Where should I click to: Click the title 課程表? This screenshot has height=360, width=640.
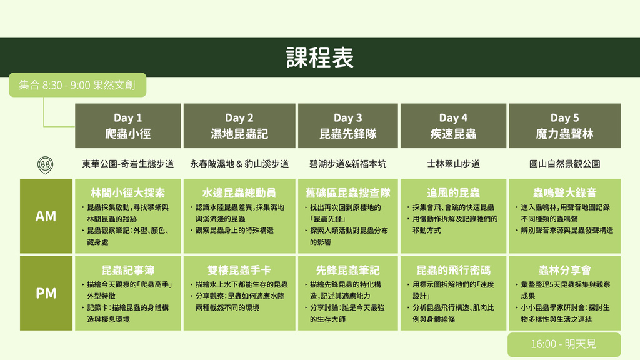click(x=319, y=57)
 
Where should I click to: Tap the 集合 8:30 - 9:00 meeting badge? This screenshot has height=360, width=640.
click(x=77, y=85)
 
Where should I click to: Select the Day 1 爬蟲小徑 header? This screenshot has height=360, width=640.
click(x=127, y=126)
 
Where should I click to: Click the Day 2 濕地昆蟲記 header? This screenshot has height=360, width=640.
click(x=239, y=126)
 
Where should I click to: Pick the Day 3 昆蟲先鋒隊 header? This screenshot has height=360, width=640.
click(x=347, y=126)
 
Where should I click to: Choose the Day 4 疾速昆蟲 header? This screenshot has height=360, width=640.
click(x=453, y=126)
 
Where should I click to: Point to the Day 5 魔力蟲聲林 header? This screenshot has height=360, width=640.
click(x=564, y=126)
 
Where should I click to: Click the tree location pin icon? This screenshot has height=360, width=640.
click(x=45, y=165)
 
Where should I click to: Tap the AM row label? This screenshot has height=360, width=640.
click(x=46, y=216)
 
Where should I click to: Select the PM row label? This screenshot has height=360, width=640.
click(x=46, y=293)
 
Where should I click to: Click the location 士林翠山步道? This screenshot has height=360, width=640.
click(x=453, y=164)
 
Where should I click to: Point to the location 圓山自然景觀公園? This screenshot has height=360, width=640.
click(x=564, y=164)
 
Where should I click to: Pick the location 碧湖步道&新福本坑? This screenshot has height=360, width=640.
click(x=347, y=164)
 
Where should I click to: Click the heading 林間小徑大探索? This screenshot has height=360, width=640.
click(x=127, y=192)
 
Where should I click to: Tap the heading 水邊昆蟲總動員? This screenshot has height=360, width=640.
click(x=239, y=192)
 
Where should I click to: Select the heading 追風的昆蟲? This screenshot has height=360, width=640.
click(x=453, y=192)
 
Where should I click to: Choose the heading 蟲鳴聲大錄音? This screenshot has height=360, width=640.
click(x=564, y=192)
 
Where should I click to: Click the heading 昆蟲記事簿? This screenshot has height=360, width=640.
click(x=127, y=270)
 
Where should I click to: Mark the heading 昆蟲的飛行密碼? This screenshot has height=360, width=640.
click(x=453, y=270)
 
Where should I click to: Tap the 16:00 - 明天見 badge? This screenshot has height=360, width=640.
click(x=564, y=344)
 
